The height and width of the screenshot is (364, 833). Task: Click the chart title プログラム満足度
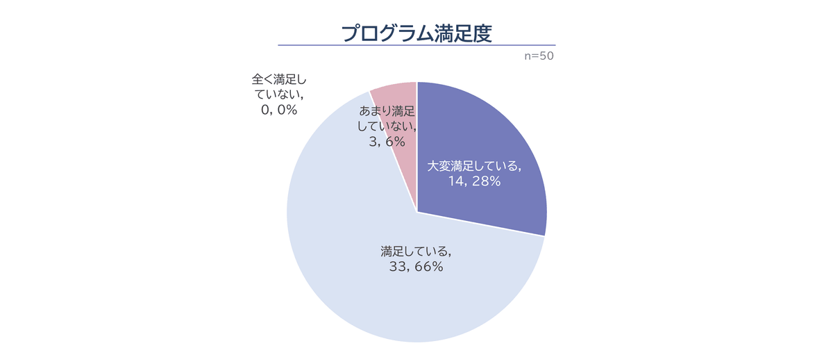click(416, 32)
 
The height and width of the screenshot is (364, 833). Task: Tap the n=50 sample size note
click(539, 56)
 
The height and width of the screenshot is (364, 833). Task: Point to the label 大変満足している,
click(473, 166)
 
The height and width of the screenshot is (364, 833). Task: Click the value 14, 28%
click(473, 182)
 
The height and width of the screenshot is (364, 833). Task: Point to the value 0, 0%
click(277, 110)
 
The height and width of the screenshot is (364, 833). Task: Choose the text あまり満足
click(387, 111)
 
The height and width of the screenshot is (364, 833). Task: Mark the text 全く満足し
click(278, 78)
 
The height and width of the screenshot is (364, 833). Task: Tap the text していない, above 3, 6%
click(387, 126)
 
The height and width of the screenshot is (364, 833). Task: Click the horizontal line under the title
click(416, 45)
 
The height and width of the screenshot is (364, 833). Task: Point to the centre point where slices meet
click(416, 212)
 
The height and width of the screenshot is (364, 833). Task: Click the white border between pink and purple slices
click(416, 139)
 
